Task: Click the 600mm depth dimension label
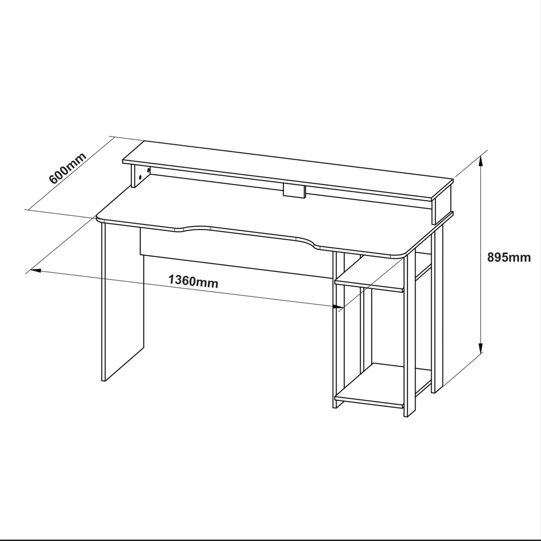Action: [x=67, y=168]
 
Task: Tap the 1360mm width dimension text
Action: [x=193, y=281]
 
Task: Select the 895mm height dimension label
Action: [x=509, y=258]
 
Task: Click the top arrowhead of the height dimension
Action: [x=480, y=161]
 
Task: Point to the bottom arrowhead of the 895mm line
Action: [x=480, y=348]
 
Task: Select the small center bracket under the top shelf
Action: [x=294, y=191]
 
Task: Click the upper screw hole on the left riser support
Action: [x=148, y=170]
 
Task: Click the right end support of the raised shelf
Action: [x=443, y=207]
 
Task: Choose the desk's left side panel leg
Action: [x=122, y=302]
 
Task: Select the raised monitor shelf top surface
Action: [x=288, y=170]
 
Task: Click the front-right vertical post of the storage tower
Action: [x=410, y=337]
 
